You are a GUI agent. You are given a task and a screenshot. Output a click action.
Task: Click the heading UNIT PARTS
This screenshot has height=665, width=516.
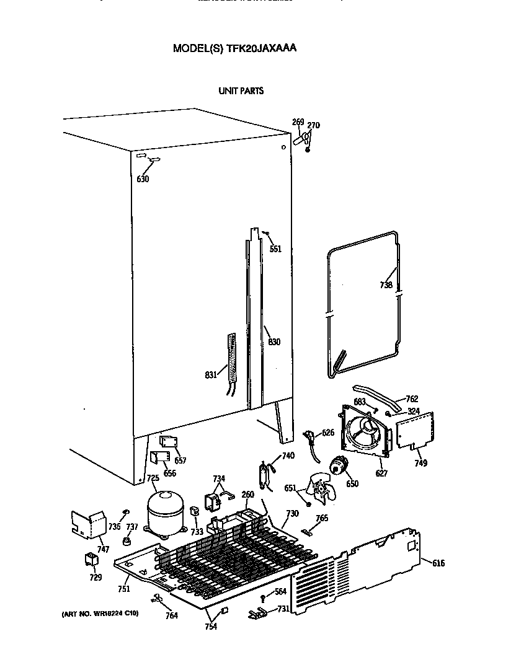click(241, 90)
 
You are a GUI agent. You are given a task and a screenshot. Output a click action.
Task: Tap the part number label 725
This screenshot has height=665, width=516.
click(153, 478)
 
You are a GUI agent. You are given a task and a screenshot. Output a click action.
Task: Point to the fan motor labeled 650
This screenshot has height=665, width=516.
click(339, 465)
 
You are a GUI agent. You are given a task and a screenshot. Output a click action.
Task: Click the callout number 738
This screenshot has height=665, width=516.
click(386, 286)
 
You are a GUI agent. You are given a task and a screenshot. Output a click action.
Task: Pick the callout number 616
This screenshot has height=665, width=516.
click(438, 563)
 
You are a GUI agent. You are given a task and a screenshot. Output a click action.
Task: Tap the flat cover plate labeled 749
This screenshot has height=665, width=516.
click(414, 429)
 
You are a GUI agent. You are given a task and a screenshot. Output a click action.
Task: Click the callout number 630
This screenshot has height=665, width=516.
click(143, 180)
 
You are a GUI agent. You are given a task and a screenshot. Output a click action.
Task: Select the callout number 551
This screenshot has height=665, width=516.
click(275, 249)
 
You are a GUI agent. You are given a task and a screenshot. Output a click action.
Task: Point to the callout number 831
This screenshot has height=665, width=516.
click(211, 374)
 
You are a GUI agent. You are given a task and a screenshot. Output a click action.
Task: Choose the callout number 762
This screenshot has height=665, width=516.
click(412, 399)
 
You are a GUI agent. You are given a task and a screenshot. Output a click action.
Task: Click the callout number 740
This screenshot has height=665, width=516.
click(288, 456)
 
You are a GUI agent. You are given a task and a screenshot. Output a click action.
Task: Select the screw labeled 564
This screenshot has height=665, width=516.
click(263, 597)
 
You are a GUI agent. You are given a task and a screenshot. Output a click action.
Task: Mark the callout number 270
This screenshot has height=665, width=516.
click(314, 125)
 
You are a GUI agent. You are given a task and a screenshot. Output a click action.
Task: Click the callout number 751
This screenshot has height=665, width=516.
click(125, 589)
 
